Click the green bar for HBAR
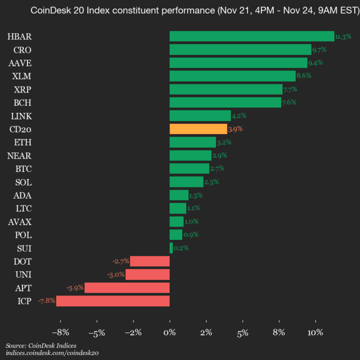[251, 36]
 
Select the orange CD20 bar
[198, 129]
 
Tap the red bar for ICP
[112, 301]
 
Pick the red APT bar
[127, 287]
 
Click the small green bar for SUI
[171, 248]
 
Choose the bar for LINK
[200, 115]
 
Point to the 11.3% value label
[343, 36]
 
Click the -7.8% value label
[46, 301]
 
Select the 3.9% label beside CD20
[235, 129]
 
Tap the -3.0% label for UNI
[115, 274]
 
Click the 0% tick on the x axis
[169, 332]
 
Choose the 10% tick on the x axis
[315, 332]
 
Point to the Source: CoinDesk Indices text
[41, 345]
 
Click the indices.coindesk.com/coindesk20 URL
[52, 353]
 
